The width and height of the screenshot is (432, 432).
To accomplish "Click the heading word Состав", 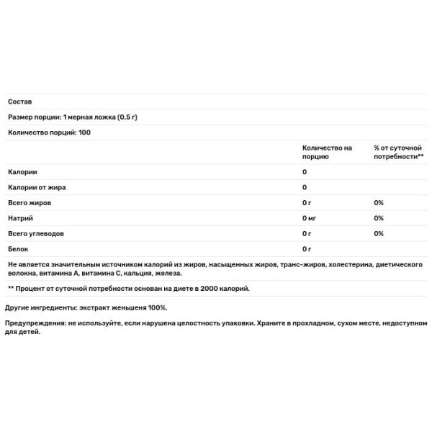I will [x=19, y=102].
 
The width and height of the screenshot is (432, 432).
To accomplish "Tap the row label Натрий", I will [x=19, y=218].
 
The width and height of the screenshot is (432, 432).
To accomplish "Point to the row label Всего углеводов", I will [x=36, y=234].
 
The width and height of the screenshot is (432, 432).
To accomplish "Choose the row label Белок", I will [x=18, y=249].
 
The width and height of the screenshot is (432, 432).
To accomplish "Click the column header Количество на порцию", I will [x=327, y=152].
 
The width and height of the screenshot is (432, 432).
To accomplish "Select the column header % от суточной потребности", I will [x=398, y=152].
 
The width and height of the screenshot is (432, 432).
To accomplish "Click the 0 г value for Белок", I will [x=306, y=249].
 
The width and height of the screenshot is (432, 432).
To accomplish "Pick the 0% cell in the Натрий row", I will [x=379, y=218].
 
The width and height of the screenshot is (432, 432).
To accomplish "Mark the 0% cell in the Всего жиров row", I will [x=379, y=203].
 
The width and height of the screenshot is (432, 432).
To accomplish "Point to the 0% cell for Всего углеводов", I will [x=379, y=234].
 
